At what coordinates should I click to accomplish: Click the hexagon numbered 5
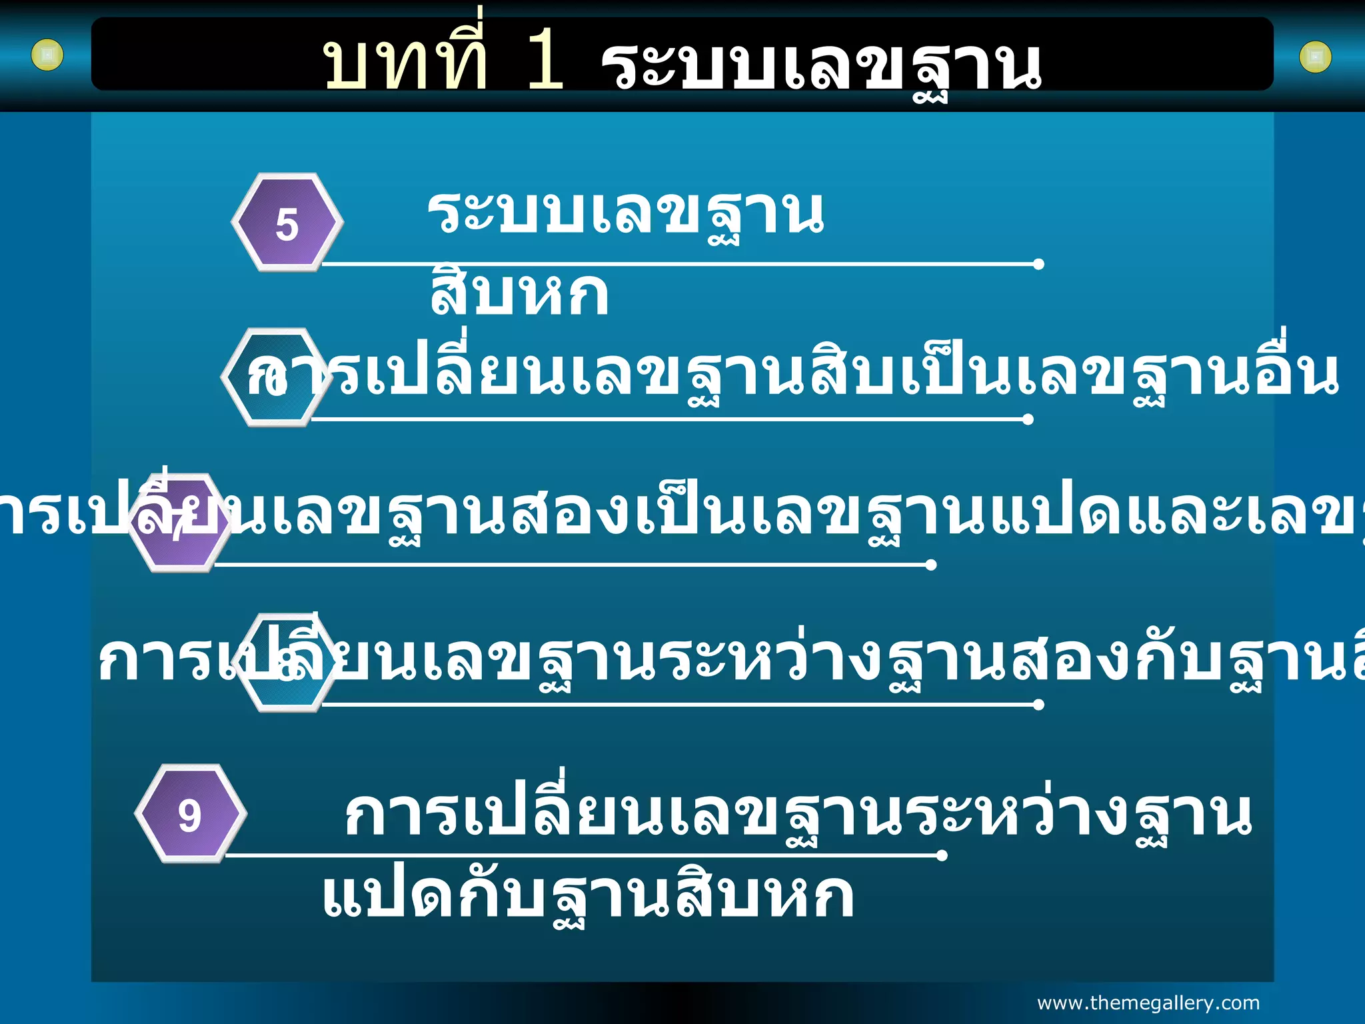click(287, 223)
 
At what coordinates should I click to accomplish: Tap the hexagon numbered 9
click(191, 814)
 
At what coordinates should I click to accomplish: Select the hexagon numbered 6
click(276, 377)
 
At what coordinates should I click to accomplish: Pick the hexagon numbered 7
click(179, 523)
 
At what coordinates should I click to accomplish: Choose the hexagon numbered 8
click(287, 663)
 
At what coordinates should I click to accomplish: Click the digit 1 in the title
click(545, 64)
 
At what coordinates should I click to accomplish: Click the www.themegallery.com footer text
click(1148, 1003)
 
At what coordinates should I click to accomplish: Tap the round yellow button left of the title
click(47, 55)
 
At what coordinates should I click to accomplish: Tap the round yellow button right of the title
click(1315, 57)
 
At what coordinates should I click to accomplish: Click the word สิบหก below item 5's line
click(519, 294)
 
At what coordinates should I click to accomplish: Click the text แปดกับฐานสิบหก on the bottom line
click(587, 897)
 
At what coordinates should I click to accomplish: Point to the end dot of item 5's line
click(1038, 265)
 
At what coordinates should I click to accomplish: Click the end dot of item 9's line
click(942, 855)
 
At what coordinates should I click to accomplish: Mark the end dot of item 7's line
click(931, 565)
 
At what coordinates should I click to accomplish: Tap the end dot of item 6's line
click(1028, 419)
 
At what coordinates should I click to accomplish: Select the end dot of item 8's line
click(1038, 705)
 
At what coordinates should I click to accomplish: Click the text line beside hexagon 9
click(798, 814)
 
